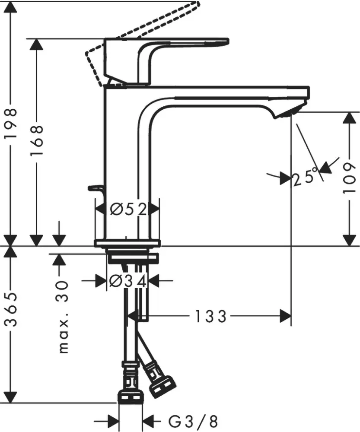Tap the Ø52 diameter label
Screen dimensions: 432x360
click(x=127, y=210)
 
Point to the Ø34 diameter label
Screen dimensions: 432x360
click(x=127, y=281)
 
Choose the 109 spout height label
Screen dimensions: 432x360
click(x=349, y=178)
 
